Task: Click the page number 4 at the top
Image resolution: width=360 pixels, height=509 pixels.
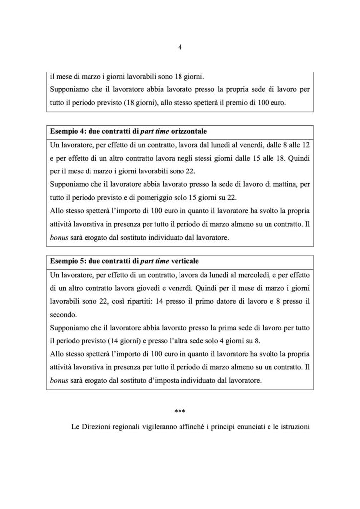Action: [180, 48]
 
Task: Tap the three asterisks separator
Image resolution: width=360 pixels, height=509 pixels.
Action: [180, 412]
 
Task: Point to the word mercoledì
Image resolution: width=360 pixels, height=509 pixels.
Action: [243, 275]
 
